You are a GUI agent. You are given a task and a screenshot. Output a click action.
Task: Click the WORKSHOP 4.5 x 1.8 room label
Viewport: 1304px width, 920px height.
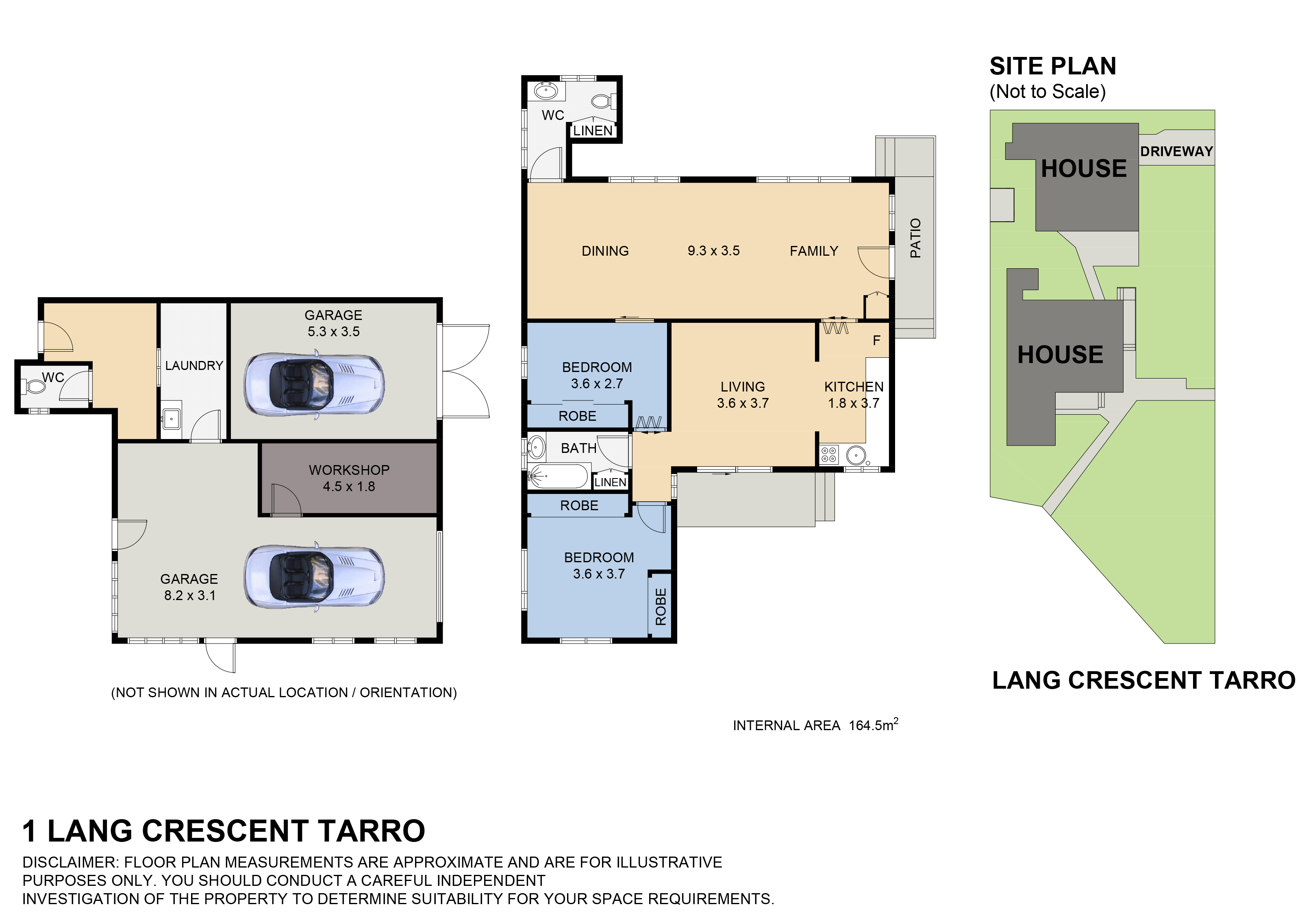(x=349, y=478)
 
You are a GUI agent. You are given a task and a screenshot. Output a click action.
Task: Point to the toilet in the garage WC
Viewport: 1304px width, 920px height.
(x=35, y=387)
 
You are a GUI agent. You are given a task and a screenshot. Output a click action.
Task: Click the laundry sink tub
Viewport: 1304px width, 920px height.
(x=171, y=420)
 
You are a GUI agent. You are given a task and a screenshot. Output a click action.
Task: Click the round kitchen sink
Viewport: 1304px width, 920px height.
(x=855, y=455)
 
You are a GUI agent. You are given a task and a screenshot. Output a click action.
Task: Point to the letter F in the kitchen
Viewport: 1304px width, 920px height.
(x=876, y=341)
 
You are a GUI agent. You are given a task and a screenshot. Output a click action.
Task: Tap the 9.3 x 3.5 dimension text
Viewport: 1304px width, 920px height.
(x=713, y=251)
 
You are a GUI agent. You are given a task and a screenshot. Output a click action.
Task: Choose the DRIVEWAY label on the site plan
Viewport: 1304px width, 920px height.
(x=1176, y=152)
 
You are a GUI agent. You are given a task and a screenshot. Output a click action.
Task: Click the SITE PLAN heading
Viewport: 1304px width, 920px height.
(x=1052, y=66)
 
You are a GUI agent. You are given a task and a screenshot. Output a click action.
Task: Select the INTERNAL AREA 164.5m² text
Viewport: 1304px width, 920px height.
(x=815, y=726)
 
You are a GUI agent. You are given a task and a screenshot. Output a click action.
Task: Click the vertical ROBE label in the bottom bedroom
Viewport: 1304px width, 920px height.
(x=661, y=607)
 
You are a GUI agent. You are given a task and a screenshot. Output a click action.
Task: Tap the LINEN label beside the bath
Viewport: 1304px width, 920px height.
(x=610, y=482)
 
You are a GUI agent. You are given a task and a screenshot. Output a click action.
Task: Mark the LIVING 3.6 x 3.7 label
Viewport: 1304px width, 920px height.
(x=742, y=395)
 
